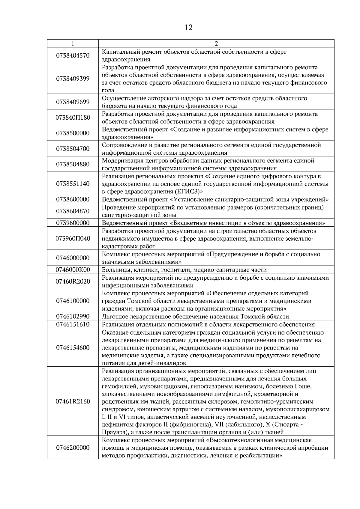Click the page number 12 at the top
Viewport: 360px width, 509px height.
click(188, 28)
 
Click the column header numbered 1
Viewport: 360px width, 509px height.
click(73, 44)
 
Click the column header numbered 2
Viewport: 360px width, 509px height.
click(216, 44)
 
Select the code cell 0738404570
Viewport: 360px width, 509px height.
click(73, 56)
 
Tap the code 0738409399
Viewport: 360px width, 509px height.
click(73, 79)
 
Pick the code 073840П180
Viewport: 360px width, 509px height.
click(73, 118)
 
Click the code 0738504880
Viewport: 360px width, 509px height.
click(73, 164)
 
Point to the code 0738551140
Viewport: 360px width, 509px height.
click(73, 184)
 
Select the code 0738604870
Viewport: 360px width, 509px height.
click(73, 211)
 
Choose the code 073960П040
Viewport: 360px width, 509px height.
click(73, 239)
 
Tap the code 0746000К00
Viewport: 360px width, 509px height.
click(73, 269)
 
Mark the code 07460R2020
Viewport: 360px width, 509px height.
click(73, 281)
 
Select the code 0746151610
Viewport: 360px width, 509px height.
click(73, 324)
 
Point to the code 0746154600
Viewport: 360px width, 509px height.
click(73, 348)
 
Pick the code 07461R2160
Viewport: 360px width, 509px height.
click(73, 401)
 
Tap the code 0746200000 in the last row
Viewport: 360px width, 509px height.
click(73, 448)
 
